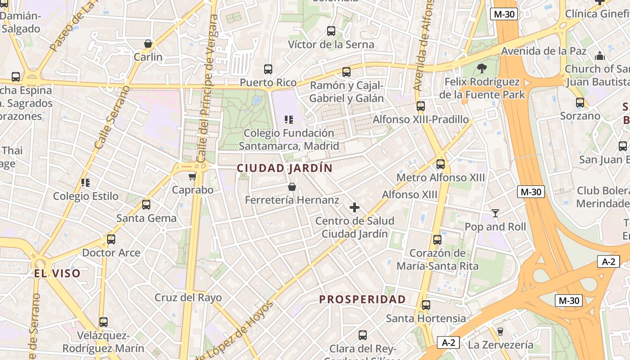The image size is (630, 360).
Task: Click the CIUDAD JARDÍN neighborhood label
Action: tap(284, 168)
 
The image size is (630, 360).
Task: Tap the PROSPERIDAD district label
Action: tap(362, 299)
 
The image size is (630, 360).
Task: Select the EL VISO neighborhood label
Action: tap(57, 273)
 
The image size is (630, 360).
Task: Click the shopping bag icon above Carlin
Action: tap(148, 44)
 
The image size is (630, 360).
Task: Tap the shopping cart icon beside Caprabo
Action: tap(193, 177)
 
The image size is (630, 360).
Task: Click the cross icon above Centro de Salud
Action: tap(355, 207)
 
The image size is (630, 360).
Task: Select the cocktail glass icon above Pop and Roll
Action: tap(495, 213)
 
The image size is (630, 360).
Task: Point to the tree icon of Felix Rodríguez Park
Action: tap(482, 68)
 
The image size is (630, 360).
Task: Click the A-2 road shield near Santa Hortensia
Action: tap(448, 342)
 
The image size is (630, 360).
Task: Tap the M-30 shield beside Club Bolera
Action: tap(531, 192)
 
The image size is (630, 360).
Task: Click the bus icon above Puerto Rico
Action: tap(268, 69)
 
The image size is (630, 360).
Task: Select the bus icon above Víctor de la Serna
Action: tap(331, 31)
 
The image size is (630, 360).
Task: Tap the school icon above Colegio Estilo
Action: tap(85, 183)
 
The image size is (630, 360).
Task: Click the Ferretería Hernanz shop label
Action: tap(292, 200)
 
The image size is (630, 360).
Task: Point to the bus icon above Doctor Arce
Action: tap(111, 239)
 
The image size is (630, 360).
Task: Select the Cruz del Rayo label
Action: tap(188, 297)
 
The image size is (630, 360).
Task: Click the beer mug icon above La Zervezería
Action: tap(500, 332)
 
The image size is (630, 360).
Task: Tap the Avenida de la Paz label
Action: tap(544, 51)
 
